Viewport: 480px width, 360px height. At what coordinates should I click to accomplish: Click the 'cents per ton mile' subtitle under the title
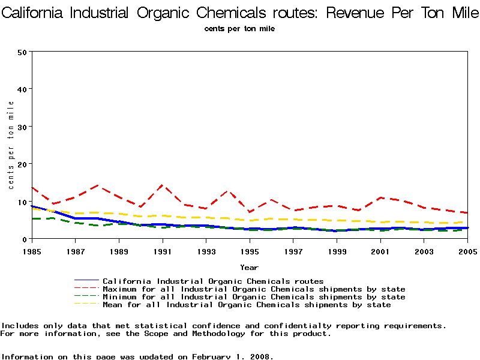point(240,28)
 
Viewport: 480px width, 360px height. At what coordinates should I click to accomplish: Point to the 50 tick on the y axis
point(22,52)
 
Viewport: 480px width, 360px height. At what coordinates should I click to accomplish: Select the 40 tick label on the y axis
point(22,89)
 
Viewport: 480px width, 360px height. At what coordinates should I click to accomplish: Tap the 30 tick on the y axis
point(22,127)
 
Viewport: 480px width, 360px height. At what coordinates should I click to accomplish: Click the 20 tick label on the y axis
point(22,164)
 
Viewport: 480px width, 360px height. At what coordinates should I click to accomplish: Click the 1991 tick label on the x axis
point(161,250)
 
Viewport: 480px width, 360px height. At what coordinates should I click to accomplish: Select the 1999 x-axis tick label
point(337,250)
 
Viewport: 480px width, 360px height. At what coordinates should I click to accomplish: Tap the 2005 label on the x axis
point(467,250)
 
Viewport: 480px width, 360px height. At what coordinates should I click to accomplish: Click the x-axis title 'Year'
point(249,267)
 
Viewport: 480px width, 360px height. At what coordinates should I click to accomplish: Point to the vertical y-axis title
point(11,145)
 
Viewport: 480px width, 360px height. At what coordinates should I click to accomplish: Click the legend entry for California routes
point(213,281)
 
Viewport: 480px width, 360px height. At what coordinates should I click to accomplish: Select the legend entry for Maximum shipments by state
point(254,289)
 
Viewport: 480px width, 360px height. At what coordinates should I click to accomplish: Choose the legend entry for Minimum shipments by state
point(254,297)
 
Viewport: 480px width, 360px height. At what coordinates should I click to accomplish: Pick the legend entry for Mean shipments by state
point(247,305)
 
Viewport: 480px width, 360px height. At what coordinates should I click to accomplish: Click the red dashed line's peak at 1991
point(161,185)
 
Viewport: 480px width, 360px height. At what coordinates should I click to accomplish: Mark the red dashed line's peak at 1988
point(96,186)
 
